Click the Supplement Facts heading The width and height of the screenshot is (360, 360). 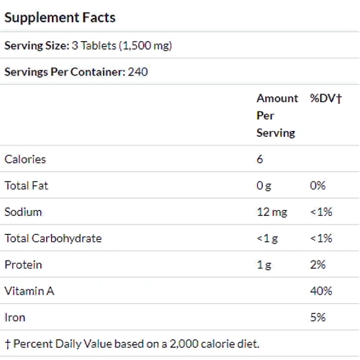pyautogui.click(x=60, y=17)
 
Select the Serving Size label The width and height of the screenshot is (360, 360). pyautogui.click(x=36, y=45)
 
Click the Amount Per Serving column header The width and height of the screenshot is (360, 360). pyautogui.click(x=276, y=115)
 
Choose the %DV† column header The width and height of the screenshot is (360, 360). pyautogui.click(x=325, y=98)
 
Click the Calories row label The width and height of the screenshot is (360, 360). pyautogui.click(x=25, y=159)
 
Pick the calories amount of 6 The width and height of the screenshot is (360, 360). pyautogui.click(x=260, y=159)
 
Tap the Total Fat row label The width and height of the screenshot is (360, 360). pyautogui.click(x=27, y=186)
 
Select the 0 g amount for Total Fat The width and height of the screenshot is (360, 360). pyautogui.click(x=264, y=186)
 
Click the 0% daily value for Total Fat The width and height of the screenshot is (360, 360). pyautogui.click(x=318, y=186)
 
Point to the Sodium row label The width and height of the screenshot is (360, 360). pyautogui.click(x=23, y=212)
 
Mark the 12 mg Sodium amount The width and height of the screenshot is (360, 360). pyautogui.click(x=271, y=212)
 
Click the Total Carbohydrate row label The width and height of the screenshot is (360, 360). pyautogui.click(x=53, y=238)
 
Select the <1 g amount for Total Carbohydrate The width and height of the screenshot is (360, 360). pyautogui.click(x=268, y=238)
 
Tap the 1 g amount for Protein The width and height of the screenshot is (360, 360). pyautogui.click(x=264, y=264)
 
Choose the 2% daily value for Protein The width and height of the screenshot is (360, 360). pyautogui.click(x=318, y=264)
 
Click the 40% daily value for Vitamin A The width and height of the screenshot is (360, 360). pyautogui.click(x=320, y=291)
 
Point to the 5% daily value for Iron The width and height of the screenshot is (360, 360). pyautogui.click(x=318, y=317)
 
